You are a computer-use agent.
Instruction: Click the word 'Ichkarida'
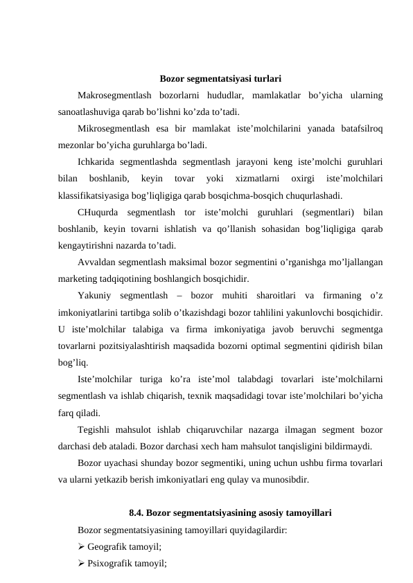click(x=96, y=163)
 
